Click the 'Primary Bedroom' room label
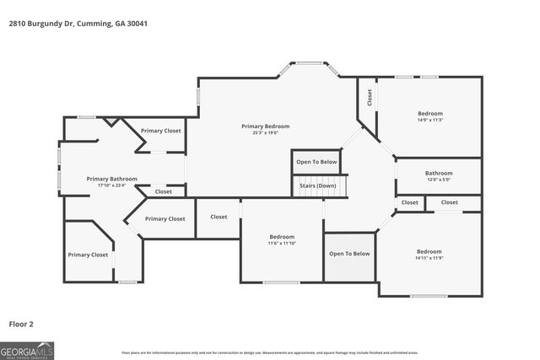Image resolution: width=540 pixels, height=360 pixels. (265, 126)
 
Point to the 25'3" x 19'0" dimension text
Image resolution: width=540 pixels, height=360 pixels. (265, 132)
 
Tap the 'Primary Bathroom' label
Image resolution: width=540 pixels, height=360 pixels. (111, 179)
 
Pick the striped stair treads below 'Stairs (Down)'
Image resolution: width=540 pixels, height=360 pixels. (320, 193)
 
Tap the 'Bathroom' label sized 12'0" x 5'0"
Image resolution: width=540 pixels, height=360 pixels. (439, 173)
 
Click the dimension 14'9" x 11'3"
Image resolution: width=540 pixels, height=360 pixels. (429, 120)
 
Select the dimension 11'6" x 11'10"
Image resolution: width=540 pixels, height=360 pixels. (281, 243)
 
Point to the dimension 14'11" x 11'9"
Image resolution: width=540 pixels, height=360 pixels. (429, 258)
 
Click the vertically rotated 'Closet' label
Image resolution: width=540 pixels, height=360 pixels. (370, 97)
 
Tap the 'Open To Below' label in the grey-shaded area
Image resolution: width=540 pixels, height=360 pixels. (349, 254)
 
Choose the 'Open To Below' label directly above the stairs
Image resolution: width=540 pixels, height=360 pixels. (316, 162)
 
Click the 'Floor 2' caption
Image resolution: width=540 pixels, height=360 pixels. (22, 323)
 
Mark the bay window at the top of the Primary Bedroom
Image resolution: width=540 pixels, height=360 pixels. (310, 63)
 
